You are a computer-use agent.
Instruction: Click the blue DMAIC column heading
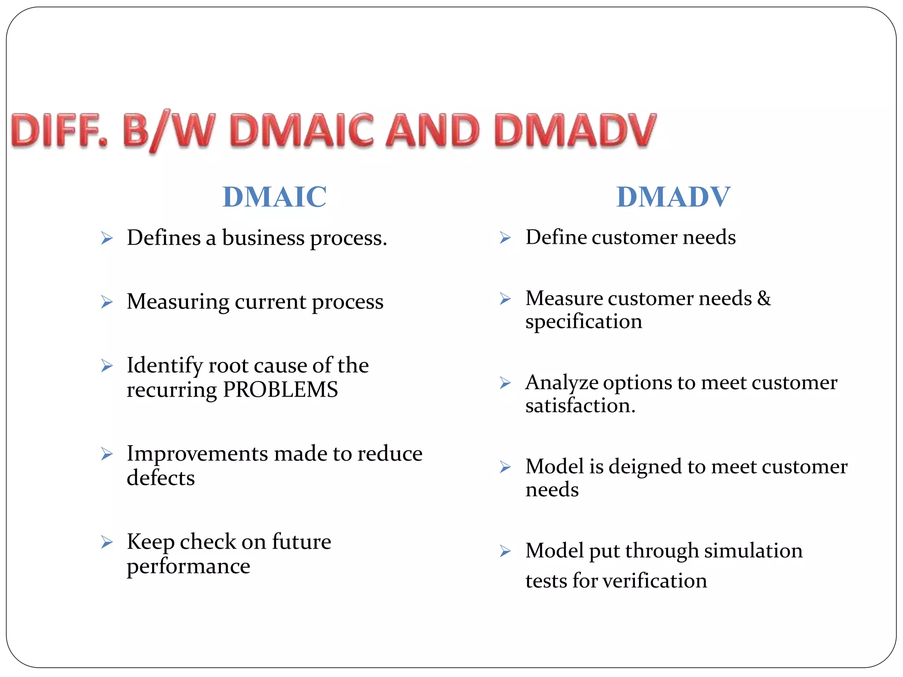click(x=274, y=197)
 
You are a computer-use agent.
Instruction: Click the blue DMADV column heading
click(x=673, y=197)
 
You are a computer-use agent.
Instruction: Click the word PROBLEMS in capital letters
click(x=280, y=390)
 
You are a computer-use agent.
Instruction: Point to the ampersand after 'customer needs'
click(x=764, y=298)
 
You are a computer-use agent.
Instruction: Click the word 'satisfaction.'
click(x=580, y=405)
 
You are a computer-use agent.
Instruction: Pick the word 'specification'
click(x=584, y=322)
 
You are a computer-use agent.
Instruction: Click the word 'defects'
click(x=161, y=478)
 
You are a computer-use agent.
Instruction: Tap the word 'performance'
click(x=188, y=566)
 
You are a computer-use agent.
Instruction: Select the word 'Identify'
click(x=164, y=366)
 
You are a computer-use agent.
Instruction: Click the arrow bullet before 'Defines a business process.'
click(x=107, y=238)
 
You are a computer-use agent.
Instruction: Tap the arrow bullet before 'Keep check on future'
click(x=107, y=542)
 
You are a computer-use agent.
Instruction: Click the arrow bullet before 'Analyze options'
click(x=505, y=383)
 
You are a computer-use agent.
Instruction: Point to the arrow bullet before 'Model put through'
click(x=505, y=551)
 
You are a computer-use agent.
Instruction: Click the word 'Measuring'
click(x=178, y=302)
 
